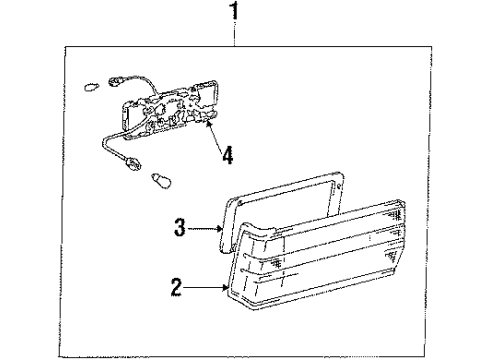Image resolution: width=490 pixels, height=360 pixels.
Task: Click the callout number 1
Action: click(x=236, y=13)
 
